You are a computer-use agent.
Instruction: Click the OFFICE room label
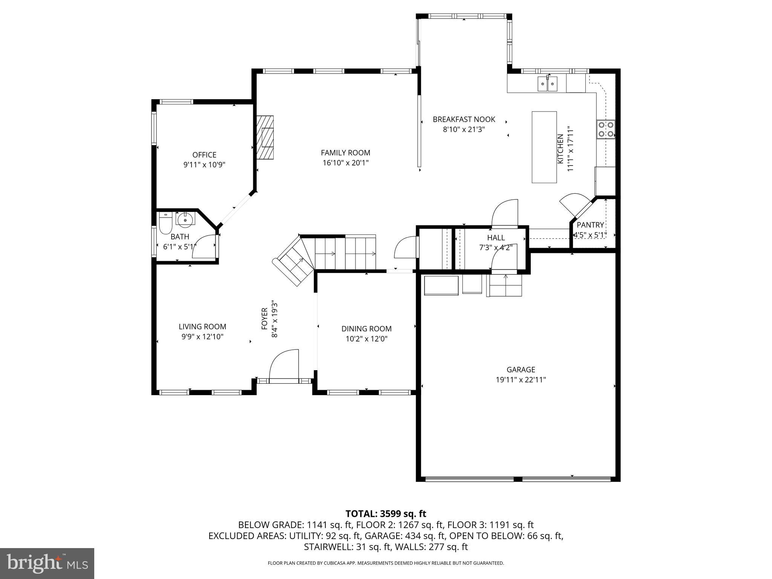pos(204,155)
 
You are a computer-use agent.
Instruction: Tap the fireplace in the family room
pos(266,137)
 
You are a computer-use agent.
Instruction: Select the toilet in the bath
pos(165,223)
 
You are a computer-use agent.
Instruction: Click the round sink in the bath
pos(185,220)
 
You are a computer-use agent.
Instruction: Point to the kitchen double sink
pos(547,84)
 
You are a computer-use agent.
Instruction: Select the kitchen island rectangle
pos(544,147)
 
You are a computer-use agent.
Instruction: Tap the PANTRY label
pos(590,225)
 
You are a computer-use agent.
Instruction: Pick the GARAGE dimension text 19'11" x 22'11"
pos(521,380)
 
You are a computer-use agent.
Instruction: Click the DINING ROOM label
pos(366,329)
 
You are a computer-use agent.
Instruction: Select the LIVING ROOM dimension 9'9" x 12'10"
pos(202,337)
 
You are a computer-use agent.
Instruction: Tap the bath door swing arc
pos(204,247)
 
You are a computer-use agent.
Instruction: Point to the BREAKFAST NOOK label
pos(464,119)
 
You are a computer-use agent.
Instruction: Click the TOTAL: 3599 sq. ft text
pos(386,514)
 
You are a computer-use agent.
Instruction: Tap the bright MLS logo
pos(47,564)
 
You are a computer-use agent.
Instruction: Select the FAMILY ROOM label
pos(345,153)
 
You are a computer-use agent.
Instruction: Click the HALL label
pos(496,237)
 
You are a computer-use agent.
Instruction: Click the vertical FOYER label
pos(265,319)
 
